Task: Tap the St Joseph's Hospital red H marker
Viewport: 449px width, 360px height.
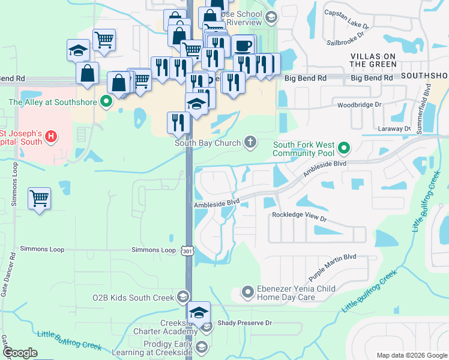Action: tap(51, 137)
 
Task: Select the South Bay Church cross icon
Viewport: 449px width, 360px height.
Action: tap(250, 142)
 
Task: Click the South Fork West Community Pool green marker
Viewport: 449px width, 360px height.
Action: tap(344, 147)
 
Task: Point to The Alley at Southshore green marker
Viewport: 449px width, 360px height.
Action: tap(106, 101)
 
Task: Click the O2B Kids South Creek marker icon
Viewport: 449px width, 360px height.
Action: tap(182, 296)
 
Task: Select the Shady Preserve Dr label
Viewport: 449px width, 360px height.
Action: tap(245, 323)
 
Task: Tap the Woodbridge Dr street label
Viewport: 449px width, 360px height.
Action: tap(360, 104)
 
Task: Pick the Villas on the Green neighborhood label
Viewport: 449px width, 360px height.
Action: tap(374, 61)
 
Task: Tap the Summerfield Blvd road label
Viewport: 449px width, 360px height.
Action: tap(427, 103)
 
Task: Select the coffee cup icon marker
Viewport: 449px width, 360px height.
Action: tap(243, 46)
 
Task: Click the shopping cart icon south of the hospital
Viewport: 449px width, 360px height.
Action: tap(39, 198)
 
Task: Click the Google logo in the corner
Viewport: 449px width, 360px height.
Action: tap(20, 353)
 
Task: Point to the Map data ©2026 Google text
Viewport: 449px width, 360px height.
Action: tap(411, 355)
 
